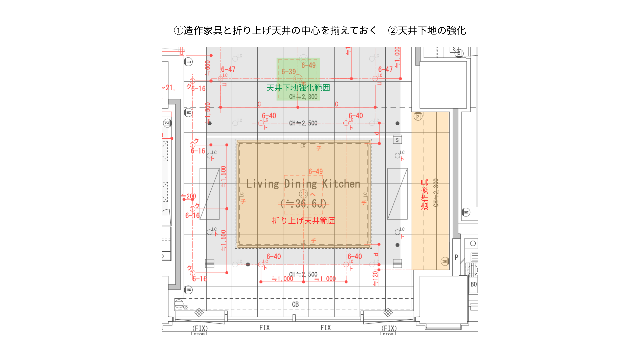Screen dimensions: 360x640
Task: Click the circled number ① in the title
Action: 179,31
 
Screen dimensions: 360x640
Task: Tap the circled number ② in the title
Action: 393,31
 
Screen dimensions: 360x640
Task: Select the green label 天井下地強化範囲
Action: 298,88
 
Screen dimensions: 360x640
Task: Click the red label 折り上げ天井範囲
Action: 304,221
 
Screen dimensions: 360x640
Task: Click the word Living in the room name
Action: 262,184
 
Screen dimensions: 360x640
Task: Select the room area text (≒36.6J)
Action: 303,203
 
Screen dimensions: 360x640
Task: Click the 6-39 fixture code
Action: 288,72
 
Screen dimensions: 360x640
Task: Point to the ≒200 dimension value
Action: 189,196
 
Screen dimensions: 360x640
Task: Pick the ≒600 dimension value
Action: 208,68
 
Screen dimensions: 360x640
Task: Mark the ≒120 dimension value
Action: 375,278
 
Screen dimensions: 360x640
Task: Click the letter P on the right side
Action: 456,257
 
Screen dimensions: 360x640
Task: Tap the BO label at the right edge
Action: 474,284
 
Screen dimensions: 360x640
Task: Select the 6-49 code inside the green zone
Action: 308,65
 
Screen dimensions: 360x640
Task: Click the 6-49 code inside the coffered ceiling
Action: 315,172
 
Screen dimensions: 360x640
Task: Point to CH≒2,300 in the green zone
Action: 303,97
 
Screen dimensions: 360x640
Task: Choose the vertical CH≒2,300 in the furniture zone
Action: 436,193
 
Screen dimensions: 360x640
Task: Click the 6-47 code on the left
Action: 228,69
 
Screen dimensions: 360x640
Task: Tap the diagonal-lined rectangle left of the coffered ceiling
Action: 209,194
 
